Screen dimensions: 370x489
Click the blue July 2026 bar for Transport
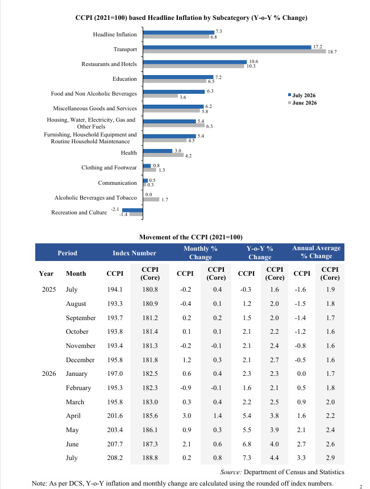227,47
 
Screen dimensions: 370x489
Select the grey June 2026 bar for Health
163,155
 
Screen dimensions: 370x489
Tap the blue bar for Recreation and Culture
132,210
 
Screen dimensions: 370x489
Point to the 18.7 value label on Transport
332,52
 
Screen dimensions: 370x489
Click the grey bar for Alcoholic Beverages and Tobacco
151,199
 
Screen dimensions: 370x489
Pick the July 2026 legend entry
302,95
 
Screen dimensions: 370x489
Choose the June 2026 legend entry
302,102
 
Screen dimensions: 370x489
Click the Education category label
124,79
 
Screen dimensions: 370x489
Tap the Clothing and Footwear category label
109,168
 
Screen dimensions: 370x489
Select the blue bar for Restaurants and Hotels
195,62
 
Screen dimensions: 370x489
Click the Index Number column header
134,253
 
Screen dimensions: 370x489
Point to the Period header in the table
67,253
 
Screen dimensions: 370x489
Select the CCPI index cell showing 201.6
115,416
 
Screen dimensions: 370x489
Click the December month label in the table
80,360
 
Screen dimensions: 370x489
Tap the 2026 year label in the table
49,374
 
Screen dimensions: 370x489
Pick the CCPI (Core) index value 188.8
150,458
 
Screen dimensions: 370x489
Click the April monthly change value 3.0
187,416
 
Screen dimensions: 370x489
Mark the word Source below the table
231,472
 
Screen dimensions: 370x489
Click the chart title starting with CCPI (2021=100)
192,18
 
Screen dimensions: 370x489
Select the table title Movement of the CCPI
191,237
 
